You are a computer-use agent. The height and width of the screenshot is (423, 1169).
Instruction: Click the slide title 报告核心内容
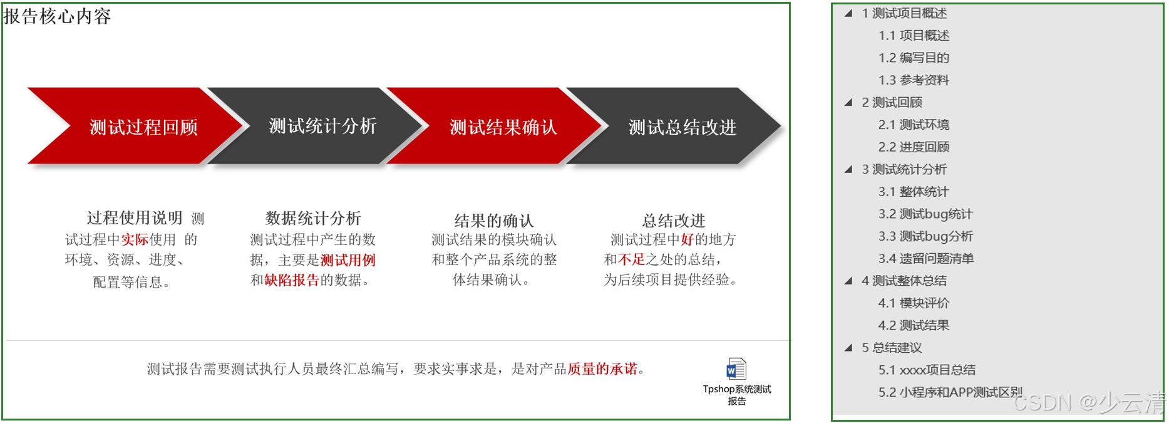57,16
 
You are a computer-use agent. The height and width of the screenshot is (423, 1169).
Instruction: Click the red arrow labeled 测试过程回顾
143,127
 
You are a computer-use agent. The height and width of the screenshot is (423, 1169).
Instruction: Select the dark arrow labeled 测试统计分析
322,126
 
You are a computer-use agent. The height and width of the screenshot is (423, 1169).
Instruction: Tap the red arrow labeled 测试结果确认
503,127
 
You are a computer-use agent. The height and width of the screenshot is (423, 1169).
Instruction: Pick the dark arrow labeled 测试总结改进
682,127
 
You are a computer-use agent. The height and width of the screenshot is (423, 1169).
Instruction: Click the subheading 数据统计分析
313,218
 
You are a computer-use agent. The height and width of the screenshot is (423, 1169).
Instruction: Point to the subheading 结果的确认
493,221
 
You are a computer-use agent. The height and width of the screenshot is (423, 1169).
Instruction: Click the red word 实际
135,239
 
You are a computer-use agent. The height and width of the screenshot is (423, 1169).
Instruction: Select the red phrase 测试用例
348,260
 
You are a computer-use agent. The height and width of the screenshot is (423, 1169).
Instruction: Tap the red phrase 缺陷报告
291,280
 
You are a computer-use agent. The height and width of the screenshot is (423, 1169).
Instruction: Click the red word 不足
631,259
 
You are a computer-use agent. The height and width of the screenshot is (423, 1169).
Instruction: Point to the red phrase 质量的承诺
602,368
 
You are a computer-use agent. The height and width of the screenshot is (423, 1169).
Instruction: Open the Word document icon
736,368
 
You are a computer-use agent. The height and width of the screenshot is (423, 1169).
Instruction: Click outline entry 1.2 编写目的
914,58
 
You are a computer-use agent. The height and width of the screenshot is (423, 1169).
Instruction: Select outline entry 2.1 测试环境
914,125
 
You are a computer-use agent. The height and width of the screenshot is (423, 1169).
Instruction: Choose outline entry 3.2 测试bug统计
925,214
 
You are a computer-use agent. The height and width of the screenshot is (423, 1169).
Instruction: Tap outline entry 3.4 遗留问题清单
926,258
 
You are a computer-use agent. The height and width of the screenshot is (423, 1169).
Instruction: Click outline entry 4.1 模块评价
914,303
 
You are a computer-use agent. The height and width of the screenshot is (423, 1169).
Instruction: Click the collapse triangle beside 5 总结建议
848,348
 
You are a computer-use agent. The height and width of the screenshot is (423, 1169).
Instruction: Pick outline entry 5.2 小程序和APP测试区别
950,392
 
